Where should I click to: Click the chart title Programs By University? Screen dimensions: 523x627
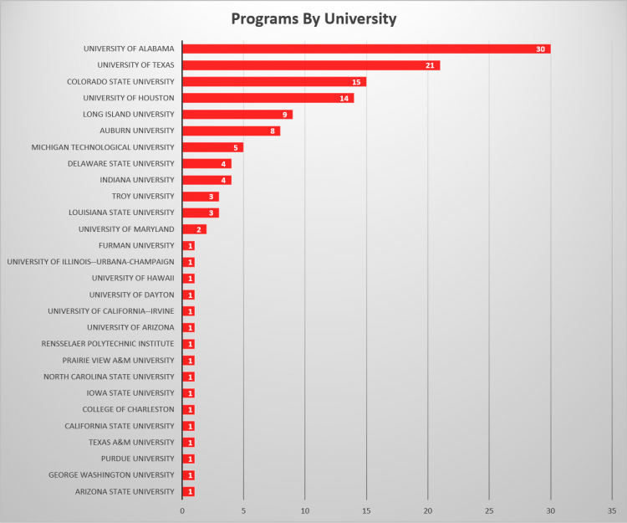(313, 18)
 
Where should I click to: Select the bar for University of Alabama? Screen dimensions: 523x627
(366, 49)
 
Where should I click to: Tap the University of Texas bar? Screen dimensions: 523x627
(311, 65)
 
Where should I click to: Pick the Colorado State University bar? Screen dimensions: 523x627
(274, 82)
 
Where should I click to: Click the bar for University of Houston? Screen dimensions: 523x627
(268, 98)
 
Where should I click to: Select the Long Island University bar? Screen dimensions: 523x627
(237, 115)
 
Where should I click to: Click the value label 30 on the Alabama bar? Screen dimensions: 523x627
(541, 49)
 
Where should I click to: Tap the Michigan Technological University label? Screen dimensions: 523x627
(103, 147)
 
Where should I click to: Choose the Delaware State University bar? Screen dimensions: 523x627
(206, 164)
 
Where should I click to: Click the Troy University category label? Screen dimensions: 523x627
(143, 197)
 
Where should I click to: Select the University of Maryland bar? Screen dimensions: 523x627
(194, 229)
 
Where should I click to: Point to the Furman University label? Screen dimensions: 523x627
(136, 246)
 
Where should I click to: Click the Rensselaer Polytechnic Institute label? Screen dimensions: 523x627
(108, 344)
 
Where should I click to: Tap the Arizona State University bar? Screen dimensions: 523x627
(188, 492)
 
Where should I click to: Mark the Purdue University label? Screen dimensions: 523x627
(138, 459)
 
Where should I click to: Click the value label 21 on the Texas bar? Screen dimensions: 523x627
(430, 66)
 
